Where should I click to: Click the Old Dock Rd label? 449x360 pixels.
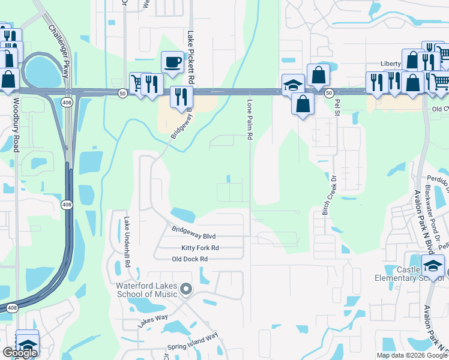click(x=189, y=259)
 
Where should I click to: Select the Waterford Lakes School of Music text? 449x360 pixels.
click(x=147, y=290)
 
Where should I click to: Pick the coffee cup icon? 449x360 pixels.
click(x=172, y=62)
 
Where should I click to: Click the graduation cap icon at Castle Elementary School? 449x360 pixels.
click(x=433, y=265)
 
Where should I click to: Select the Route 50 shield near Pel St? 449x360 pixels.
click(x=329, y=93)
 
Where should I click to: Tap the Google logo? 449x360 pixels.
click(x=20, y=353)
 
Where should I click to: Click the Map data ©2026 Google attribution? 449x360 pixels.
click(x=412, y=355)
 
